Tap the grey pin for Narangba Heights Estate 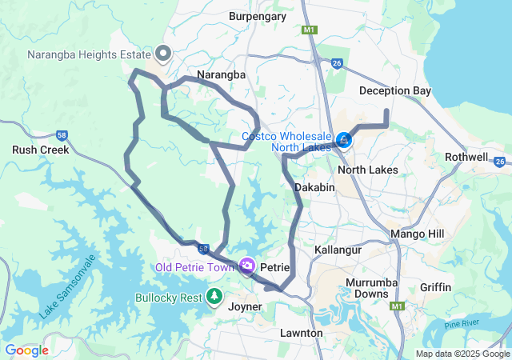[x=163, y=54]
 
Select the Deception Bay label [x=395, y=91]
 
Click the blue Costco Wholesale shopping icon [x=343, y=141]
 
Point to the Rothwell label [x=466, y=157]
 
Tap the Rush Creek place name [x=40, y=150]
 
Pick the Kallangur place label [x=338, y=250]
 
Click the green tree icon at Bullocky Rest [x=214, y=298]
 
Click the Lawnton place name [x=302, y=332]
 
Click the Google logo [x=27, y=350]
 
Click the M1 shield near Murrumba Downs [x=398, y=306]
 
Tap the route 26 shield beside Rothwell [x=500, y=162]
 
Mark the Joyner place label [x=245, y=306]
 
